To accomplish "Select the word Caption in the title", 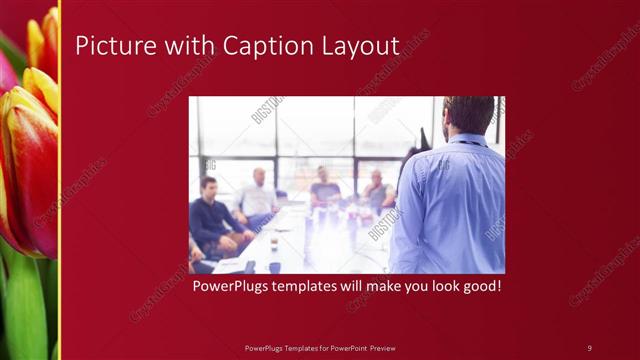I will pyautogui.click(x=263, y=47).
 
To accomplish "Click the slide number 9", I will pyautogui.click(x=589, y=347).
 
